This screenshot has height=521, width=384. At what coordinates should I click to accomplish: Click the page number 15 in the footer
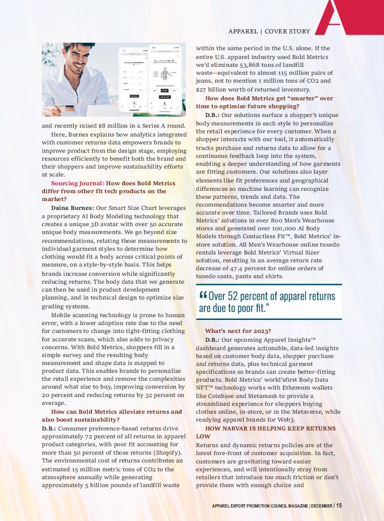coord(339,505)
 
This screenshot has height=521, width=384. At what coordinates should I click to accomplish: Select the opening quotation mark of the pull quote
coord(203,295)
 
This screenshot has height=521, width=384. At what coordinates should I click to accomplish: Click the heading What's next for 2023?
coord(238,331)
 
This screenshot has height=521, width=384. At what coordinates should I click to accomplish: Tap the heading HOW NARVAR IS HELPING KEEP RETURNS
coord(270,428)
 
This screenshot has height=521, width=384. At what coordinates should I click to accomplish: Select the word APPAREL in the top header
coord(243,32)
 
